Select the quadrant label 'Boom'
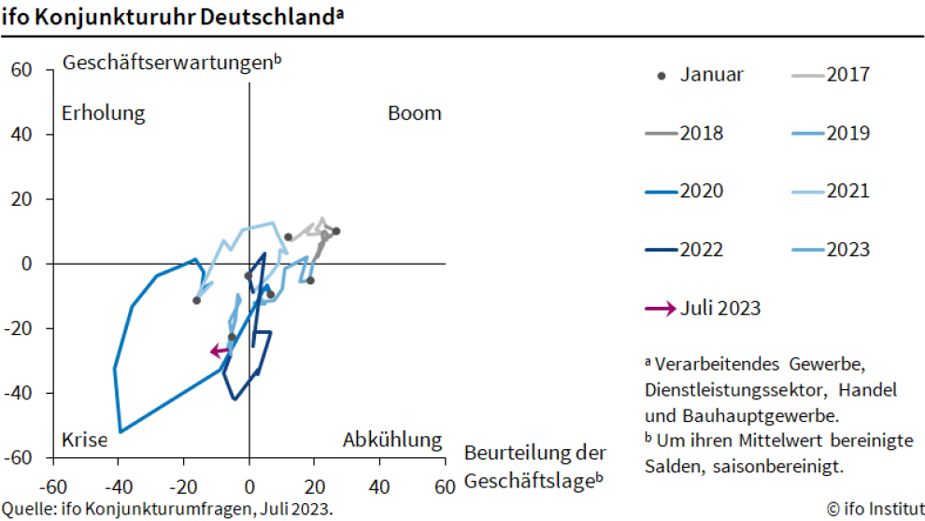click(x=414, y=113)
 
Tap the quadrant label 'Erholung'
click(x=103, y=113)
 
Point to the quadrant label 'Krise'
click(x=84, y=440)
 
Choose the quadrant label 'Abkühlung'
click(x=391, y=440)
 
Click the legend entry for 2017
click(x=831, y=75)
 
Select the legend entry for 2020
click(x=683, y=191)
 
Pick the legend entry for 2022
click(x=683, y=250)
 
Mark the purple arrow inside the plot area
click(x=220, y=352)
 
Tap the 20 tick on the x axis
click(x=314, y=487)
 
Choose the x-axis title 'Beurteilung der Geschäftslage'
click(x=534, y=467)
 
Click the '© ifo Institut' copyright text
click(x=875, y=509)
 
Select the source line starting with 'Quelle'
click(x=166, y=509)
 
